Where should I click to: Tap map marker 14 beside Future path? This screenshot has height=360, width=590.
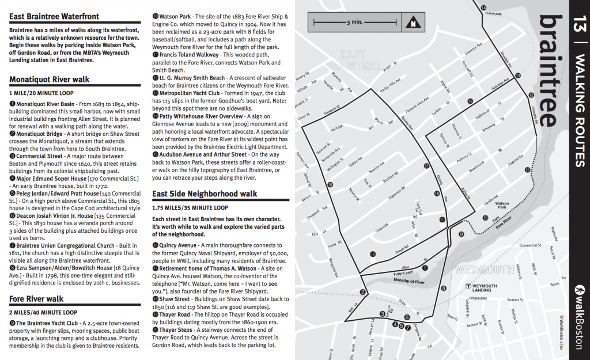pos(483,7)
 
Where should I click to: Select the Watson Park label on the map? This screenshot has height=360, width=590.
pos(502,205)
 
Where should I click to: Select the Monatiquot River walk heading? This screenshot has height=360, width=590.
pos(50,79)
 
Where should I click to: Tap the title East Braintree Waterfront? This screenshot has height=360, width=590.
pos(54,16)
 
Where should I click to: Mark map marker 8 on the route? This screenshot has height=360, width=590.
pos(443,288)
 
